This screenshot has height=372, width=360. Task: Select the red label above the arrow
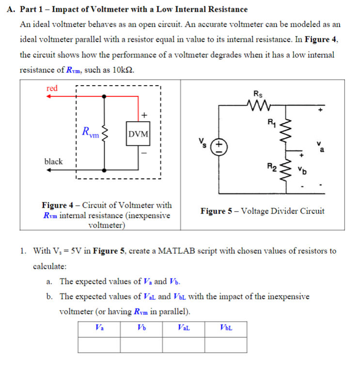pyautogui.click(x=52, y=88)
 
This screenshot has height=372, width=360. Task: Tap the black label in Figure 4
pyautogui.click(x=53, y=161)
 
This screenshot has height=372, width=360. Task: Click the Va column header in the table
pyautogui.click(x=99, y=328)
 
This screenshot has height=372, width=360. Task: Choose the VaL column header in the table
pyautogui.click(x=183, y=328)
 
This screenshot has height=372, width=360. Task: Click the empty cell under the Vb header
pyautogui.click(x=141, y=344)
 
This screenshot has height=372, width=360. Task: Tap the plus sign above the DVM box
pyautogui.click(x=144, y=114)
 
